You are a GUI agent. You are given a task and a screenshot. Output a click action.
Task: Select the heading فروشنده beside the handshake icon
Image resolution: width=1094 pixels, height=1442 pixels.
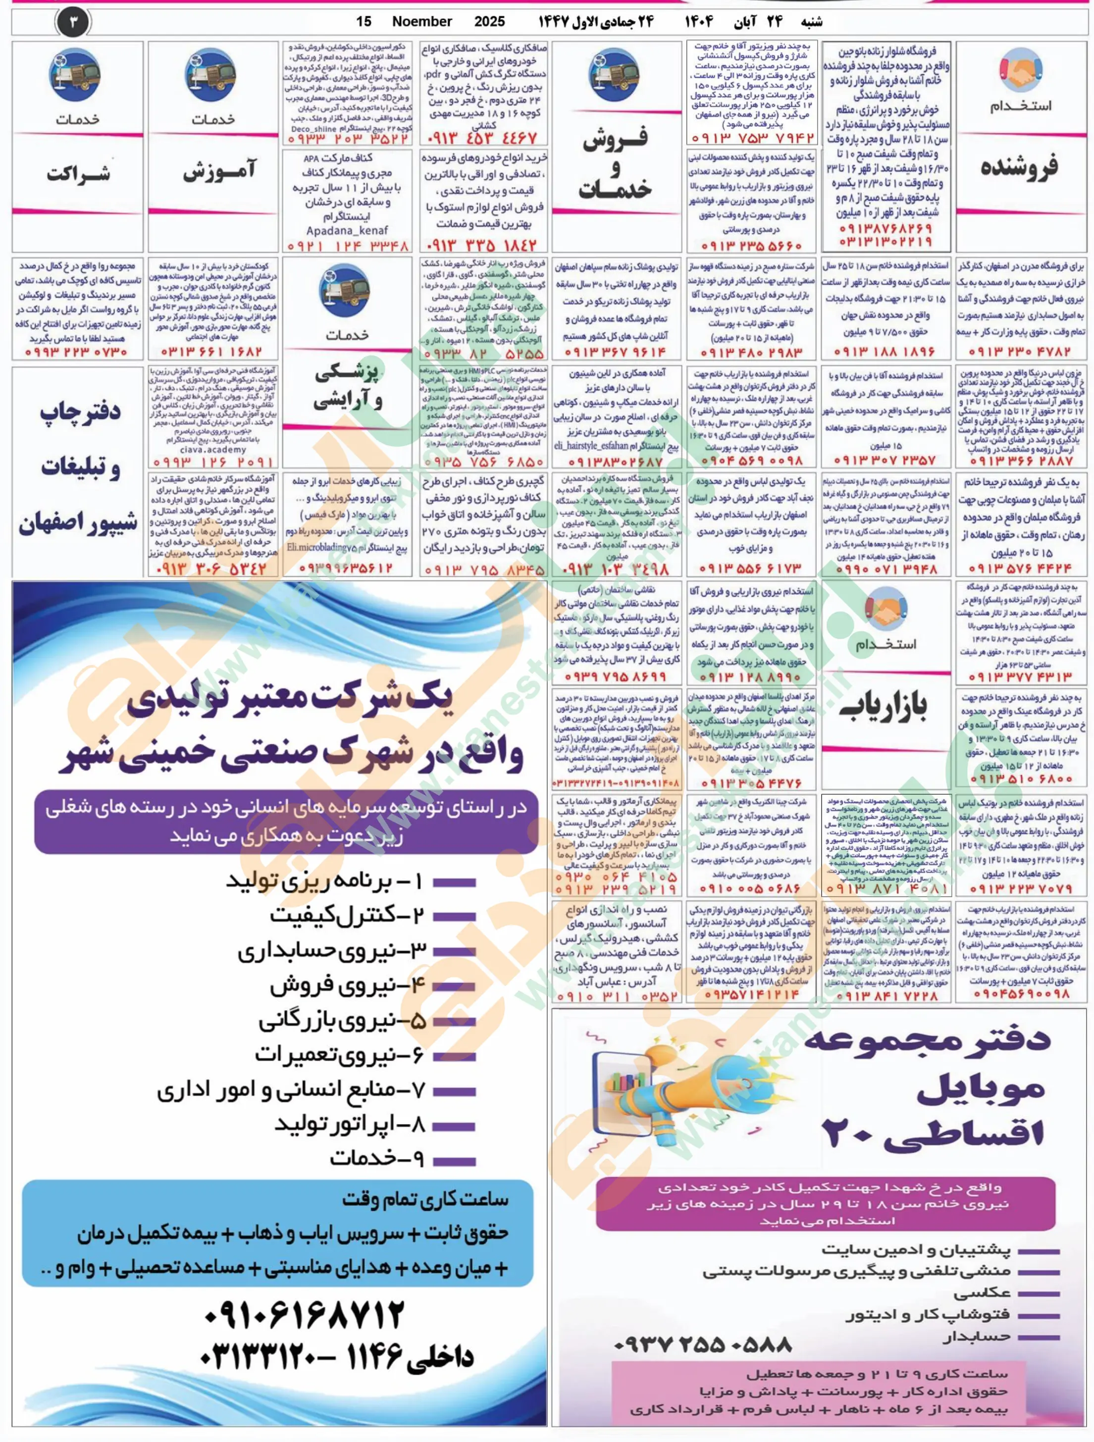1019,166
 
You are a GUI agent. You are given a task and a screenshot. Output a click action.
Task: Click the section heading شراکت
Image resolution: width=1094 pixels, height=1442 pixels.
78,174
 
